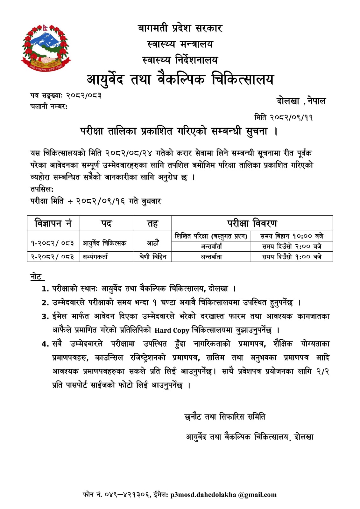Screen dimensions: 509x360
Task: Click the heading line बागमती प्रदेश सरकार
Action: (180, 28)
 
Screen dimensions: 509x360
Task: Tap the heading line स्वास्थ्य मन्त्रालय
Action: (180, 44)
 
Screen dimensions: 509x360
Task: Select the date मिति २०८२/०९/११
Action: (283, 117)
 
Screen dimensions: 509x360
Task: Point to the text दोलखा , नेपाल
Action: (301, 101)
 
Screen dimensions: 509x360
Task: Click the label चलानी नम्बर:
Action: (49, 107)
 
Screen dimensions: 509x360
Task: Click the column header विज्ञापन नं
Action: (53, 223)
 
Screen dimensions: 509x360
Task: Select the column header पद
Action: (106, 223)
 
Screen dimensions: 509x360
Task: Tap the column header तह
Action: (152, 224)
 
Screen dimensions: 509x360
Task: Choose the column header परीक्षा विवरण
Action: (252, 223)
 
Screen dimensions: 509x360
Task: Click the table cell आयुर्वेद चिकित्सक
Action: (104, 243)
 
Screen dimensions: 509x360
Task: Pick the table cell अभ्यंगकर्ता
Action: (95, 257)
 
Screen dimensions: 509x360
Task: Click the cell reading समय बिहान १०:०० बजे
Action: (292, 236)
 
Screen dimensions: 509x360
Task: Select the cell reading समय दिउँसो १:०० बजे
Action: (292, 257)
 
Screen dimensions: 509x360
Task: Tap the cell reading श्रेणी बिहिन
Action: (153, 257)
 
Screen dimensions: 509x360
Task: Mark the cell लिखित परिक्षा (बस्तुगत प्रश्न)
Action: (211, 236)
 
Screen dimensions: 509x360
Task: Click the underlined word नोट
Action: (36, 276)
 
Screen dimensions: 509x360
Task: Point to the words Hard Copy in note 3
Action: (172, 330)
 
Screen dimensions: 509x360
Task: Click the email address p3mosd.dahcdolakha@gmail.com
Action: (223, 495)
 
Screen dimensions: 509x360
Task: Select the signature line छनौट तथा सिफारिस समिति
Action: (225, 416)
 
